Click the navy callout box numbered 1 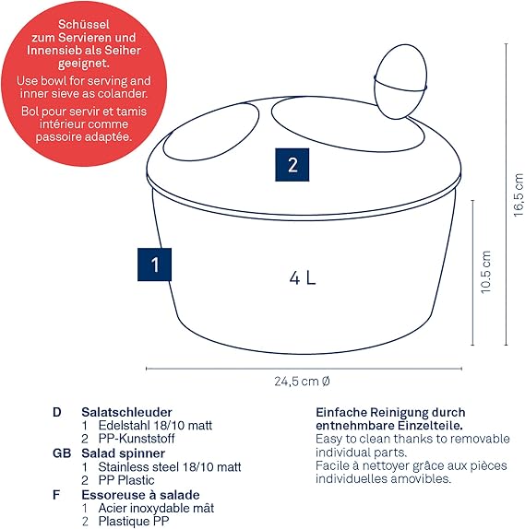tap(154, 264)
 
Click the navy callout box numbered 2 tap(292, 165)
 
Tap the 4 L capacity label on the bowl tap(303, 278)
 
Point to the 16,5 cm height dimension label tap(519, 194)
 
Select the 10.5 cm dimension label tap(485, 272)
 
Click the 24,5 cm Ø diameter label tap(302, 382)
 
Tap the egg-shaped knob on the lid tap(400, 82)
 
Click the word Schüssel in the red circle tap(84, 24)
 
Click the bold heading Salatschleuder tap(126, 412)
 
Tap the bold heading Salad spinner tap(123, 453)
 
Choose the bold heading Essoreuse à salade tap(140, 495)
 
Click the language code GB tap(62, 453)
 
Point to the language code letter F tap(56, 495)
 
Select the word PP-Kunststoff tap(137, 439)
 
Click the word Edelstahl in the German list tap(124, 425)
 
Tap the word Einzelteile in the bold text tap(430, 426)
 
